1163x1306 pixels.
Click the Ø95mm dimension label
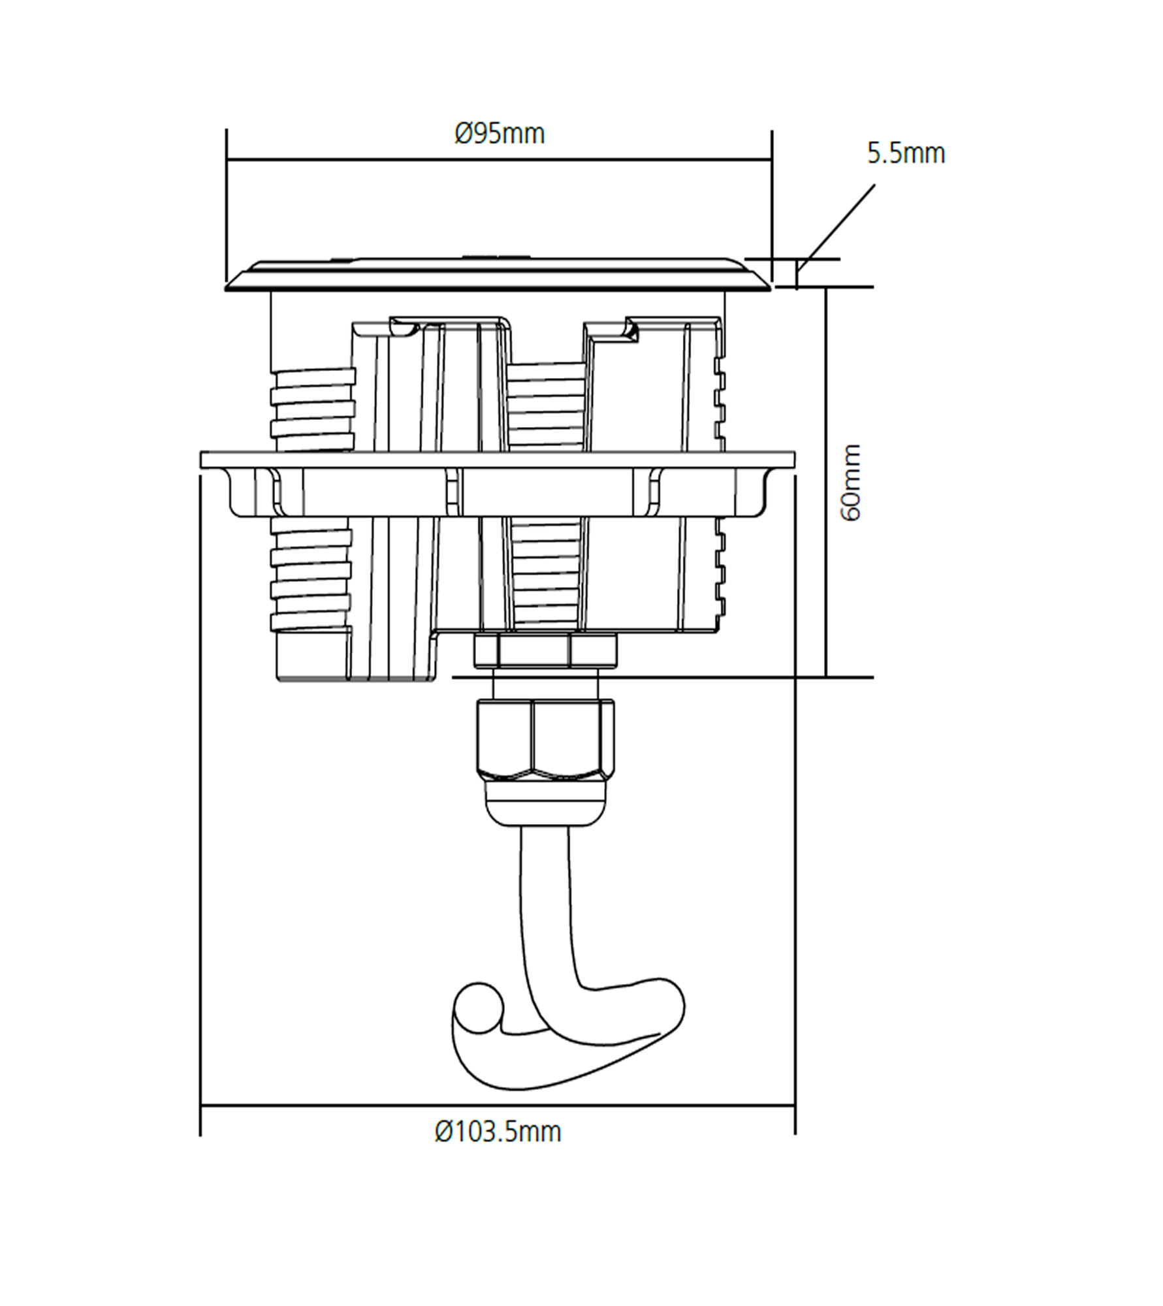tap(500, 134)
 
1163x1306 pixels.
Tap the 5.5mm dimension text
tap(906, 153)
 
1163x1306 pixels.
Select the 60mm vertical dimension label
tap(852, 483)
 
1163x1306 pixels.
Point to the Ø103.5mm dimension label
tap(498, 1132)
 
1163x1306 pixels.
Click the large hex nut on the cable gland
tap(545, 739)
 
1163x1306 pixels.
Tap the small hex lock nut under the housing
tap(545, 650)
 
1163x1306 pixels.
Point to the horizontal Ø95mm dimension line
tap(499, 159)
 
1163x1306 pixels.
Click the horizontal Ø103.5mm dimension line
tap(498, 1106)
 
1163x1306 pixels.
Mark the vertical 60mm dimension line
tap(826, 482)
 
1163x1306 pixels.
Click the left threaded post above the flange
tap(313, 409)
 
